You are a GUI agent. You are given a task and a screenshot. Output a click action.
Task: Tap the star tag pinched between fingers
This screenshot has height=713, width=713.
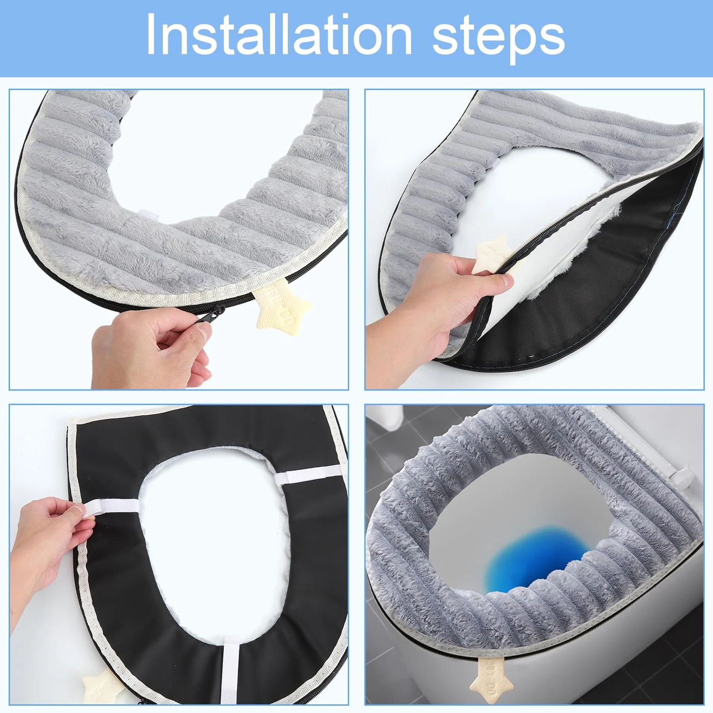click(493, 255)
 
